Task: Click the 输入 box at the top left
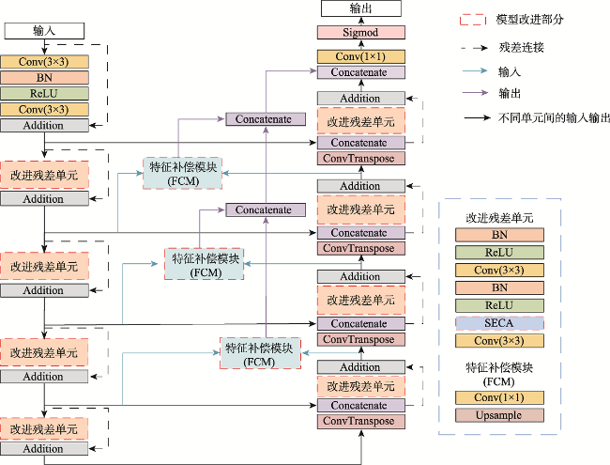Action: click(x=44, y=31)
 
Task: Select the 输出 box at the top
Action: click(x=361, y=8)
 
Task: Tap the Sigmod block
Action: click(x=361, y=32)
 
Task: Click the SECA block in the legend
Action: click(x=499, y=323)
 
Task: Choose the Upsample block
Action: click(x=499, y=415)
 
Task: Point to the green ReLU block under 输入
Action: click(x=44, y=93)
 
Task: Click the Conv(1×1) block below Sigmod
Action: click(x=361, y=57)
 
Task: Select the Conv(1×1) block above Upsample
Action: click(x=499, y=397)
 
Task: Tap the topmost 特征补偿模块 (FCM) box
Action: click(x=182, y=174)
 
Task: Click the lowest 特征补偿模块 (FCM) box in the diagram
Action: click(x=260, y=353)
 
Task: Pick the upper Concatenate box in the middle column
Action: click(x=266, y=119)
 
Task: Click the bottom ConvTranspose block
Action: click(x=361, y=422)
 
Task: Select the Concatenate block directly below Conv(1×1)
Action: click(x=361, y=72)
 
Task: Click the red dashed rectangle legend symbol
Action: click(x=473, y=20)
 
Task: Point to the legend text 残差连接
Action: click(x=521, y=48)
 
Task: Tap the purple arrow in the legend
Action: click(x=475, y=93)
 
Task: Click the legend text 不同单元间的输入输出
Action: click(x=554, y=117)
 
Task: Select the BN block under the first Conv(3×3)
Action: click(x=44, y=77)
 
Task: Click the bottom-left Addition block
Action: click(x=44, y=449)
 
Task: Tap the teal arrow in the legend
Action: click(x=475, y=70)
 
